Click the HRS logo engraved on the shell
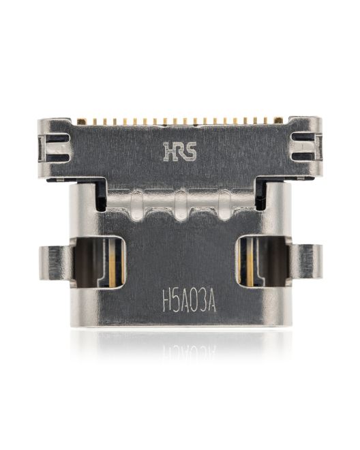tap(180, 151)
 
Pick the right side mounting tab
tap(307, 262)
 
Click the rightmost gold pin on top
tap(279, 121)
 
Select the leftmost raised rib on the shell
tap(137, 202)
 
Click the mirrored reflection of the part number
tap(189, 349)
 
